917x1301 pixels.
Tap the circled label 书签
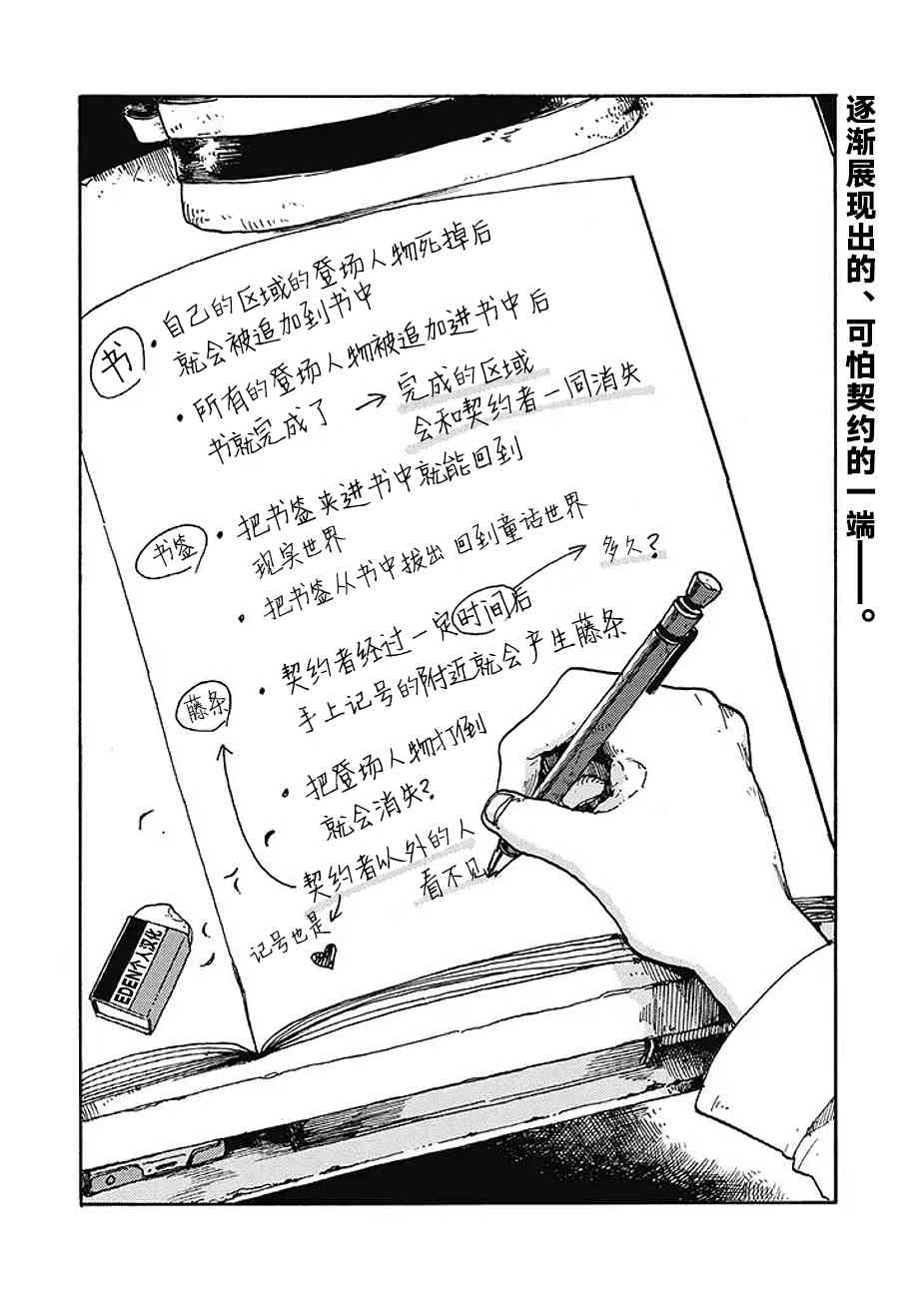tap(172, 553)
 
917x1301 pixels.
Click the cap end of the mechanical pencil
tap(703, 588)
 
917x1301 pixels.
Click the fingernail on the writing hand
tap(495, 808)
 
